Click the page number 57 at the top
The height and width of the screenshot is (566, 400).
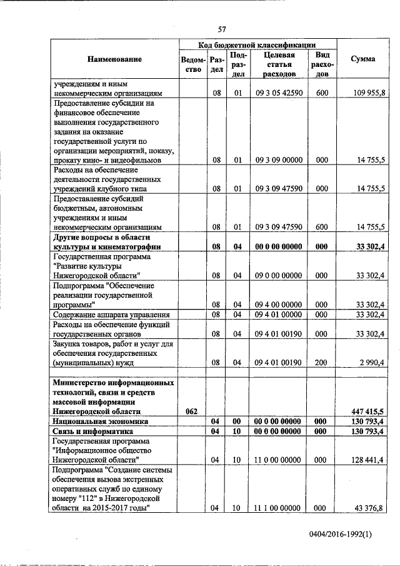pyautogui.click(x=221, y=28)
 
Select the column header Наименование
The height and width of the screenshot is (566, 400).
pyautogui.click(x=114, y=59)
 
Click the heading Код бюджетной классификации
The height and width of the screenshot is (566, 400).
pyautogui.click(x=257, y=45)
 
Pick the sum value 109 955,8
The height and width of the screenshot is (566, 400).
pyautogui.click(x=369, y=92)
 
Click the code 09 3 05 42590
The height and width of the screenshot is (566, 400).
pyautogui.click(x=279, y=92)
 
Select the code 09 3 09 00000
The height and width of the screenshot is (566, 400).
pyautogui.click(x=279, y=160)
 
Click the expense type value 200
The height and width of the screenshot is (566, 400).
pyautogui.click(x=322, y=362)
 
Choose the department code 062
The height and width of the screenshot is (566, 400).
pyautogui.click(x=192, y=411)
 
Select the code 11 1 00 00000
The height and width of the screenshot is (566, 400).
pyautogui.click(x=279, y=508)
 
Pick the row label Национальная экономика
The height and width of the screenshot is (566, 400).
pyautogui.click(x=101, y=422)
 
